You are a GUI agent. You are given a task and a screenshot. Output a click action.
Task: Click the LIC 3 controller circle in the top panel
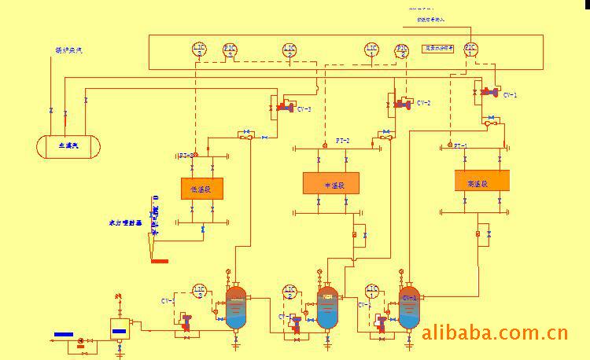[199, 50]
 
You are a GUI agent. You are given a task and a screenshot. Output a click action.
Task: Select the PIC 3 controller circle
[230, 50]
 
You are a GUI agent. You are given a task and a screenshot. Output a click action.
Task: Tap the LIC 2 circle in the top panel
[289, 50]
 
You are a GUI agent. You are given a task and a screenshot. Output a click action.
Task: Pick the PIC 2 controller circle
[402, 50]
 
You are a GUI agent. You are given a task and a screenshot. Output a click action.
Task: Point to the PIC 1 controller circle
[470, 50]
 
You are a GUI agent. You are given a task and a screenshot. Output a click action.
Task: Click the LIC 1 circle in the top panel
[371, 50]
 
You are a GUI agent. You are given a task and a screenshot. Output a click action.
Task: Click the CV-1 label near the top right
[510, 95]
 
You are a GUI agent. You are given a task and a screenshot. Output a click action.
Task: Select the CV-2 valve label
[424, 103]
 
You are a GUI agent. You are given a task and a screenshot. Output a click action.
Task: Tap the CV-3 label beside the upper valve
[304, 109]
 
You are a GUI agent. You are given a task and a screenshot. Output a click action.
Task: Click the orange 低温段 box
[201, 188]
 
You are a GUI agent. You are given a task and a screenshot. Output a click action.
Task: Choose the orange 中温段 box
[330, 184]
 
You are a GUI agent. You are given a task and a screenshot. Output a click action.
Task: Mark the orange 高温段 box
[481, 181]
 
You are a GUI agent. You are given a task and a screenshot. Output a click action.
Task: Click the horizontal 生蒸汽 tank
[69, 146]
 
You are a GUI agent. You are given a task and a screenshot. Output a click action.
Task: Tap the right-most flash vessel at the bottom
[409, 307]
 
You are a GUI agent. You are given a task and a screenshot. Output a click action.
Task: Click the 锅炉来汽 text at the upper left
[68, 50]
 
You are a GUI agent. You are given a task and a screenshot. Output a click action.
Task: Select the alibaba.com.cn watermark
[494, 333]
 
